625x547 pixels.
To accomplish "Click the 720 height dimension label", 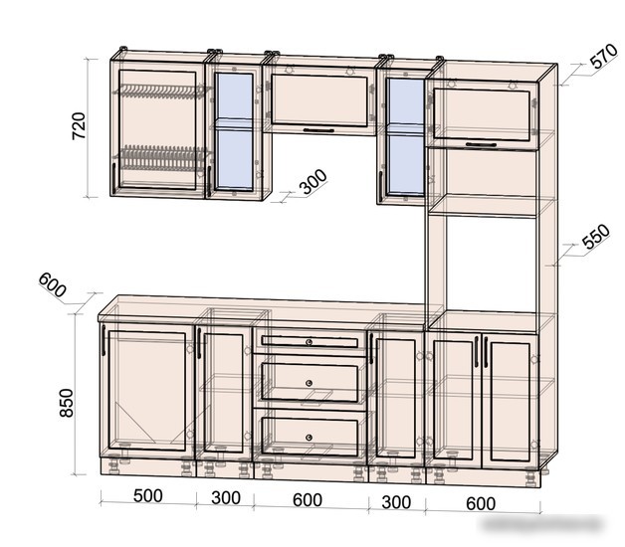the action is (x=79, y=126).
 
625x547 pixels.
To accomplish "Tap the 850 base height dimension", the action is (x=67, y=403).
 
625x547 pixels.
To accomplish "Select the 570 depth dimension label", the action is (x=604, y=56).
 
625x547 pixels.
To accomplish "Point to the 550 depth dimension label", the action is (x=596, y=237).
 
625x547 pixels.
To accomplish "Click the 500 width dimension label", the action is (x=148, y=496).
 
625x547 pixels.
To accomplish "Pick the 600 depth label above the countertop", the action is (x=52, y=285).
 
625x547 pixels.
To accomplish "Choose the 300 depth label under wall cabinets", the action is (x=313, y=182).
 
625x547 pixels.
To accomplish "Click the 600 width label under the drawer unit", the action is (x=308, y=500).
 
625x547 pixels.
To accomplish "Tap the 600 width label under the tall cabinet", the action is (x=481, y=504).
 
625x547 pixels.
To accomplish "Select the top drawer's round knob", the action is (x=309, y=342).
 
